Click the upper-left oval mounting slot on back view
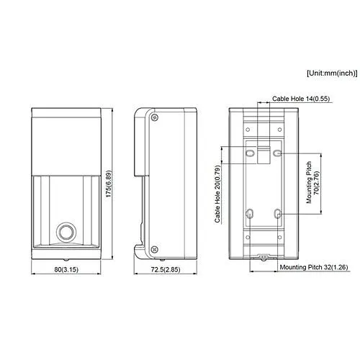coord(249,154)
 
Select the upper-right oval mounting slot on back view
coord(278,154)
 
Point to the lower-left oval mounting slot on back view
coord(249,214)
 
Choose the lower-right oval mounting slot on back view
coord(278,214)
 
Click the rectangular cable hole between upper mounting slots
coord(264,153)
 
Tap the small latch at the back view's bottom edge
coord(264,257)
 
